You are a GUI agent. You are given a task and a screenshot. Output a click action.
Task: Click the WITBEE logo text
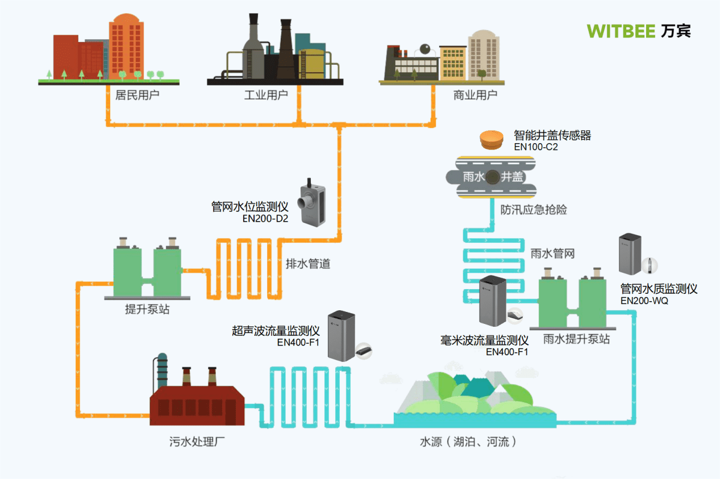click(x=622, y=31)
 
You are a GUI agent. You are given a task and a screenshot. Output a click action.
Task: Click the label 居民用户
click(x=137, y=94)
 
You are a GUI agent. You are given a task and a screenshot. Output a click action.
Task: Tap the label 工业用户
click(x=266, y=94)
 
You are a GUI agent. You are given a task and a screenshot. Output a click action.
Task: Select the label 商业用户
click(x=475, y=94)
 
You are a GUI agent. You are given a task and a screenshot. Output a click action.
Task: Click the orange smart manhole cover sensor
click(x=493, y=140)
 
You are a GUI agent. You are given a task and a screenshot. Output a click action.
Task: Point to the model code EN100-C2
click(x=536, y=147)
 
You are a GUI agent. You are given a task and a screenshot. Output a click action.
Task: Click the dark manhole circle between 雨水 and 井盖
click(x=492, y=177)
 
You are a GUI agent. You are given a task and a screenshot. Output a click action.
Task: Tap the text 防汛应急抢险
click(x=534, y=210)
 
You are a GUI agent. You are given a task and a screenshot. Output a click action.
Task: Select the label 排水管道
click(x=307, y=264)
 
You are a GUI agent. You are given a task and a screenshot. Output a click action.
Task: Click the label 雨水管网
click(x=552, y=253)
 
